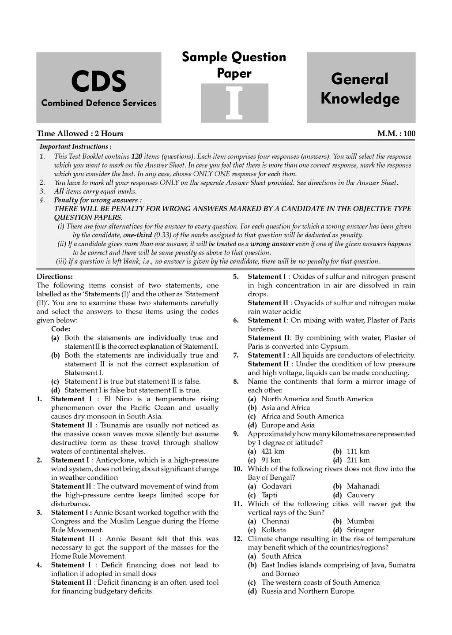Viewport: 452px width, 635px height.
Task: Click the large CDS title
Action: tap(98, 82)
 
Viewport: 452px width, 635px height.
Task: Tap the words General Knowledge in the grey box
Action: tap(360, 89)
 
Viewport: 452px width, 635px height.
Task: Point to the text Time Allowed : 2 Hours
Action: tap(80, 134)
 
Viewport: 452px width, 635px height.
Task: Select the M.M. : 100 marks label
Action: tap(396, 134)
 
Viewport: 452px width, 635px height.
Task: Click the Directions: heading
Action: tap(55, 277)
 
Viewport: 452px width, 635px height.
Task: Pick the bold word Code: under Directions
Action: tap(61, 329)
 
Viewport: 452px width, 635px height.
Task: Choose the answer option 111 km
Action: tap(358, 452)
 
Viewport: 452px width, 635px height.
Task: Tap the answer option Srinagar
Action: tap(360, 530)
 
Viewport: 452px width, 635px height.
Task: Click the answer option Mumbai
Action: tap(360, 521)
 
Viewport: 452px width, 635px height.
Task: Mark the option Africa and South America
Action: tap(302, 417)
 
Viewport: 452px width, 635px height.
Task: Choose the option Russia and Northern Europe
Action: tap(308, 591)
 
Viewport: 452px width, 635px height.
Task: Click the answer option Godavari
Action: tap(276, 486)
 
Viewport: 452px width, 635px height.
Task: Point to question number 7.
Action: tap(236, 355)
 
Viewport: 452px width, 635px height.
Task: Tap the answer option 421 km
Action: tap(273, 452)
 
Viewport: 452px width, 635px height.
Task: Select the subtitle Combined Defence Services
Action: tap(99, 103)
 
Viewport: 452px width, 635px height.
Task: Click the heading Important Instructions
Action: tap(75, 147)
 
